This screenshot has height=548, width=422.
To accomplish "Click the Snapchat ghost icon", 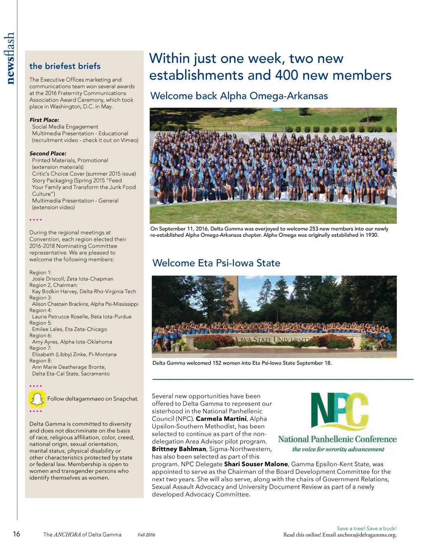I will (37, 399).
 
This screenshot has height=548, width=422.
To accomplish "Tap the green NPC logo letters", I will (339, 411).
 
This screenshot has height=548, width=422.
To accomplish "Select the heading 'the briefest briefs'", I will (65, 66).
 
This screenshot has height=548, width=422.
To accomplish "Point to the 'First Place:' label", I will (44, 120).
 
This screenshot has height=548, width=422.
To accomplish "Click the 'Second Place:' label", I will (48, 153).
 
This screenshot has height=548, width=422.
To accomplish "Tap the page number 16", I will (16, 534).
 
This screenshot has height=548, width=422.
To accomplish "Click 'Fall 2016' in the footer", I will (146, 535).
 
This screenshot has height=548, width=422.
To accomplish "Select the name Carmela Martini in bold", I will (221, 419).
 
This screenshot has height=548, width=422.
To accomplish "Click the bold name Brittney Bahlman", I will (179, 449).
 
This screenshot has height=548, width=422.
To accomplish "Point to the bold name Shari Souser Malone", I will (256, 464).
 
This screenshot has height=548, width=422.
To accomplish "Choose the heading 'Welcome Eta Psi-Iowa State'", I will (216, 263).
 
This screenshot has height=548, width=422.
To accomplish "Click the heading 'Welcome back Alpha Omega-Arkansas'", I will (239, 96).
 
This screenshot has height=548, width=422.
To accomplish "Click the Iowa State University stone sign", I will (272, 340).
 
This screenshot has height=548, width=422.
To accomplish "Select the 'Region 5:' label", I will (40, 323).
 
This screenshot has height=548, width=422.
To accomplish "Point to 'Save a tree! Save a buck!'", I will (366, 528).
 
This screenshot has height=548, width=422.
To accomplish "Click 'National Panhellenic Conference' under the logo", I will (337, 439).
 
